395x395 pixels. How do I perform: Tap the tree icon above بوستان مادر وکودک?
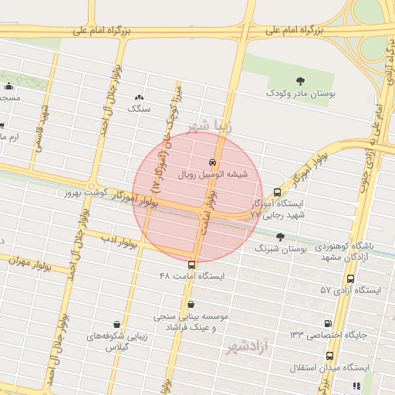[300, 79]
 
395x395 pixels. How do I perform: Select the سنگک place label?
[140, 109]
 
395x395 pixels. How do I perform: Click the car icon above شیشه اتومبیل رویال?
[212, 162]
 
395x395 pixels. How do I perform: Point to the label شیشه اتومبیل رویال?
[212, 174]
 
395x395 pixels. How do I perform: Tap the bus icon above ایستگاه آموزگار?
[278, 192]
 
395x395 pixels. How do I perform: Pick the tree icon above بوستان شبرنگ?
[279, 237]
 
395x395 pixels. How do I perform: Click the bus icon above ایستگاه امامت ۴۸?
[191, 264]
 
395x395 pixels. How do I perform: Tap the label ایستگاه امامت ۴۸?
[191, 275]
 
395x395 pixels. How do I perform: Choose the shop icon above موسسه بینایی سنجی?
[191, 304]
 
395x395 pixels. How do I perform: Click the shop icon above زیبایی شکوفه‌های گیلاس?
[116, 323]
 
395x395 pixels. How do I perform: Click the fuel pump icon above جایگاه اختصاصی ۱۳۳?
[329, 323]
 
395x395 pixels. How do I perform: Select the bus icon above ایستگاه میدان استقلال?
[330, 356]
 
